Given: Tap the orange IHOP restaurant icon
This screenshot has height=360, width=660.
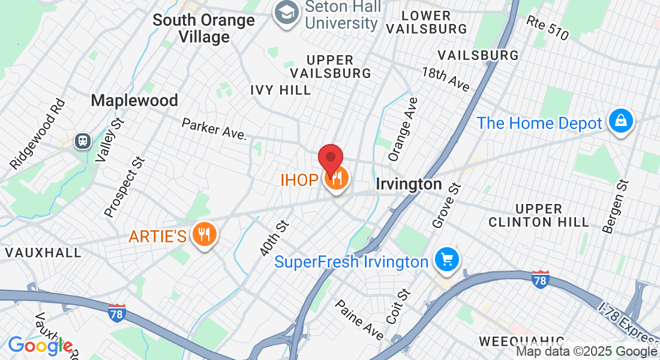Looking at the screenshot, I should (336, 179).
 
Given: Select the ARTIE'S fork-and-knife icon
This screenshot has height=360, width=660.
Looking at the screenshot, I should (205, 235).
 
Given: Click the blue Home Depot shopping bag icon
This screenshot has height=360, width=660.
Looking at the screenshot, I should (621, 122).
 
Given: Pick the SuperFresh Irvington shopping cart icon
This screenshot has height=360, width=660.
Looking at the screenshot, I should (447, 260).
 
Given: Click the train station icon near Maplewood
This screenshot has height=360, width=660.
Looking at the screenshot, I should (82, 141).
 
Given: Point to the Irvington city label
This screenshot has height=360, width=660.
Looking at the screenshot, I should (409, 184).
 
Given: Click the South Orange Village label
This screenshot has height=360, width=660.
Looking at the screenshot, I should (203, 28).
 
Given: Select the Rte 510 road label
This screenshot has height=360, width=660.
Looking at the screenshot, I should (547, 28).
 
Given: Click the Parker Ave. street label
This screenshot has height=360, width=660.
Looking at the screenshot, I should (214, 128).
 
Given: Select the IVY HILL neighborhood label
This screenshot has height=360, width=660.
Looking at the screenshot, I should (281, 90).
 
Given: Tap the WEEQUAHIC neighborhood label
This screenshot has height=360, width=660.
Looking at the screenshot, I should (521, 342).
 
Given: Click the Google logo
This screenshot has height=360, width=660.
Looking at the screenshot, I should (40, 346).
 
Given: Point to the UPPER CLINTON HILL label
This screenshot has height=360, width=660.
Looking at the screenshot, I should (539, 215).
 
